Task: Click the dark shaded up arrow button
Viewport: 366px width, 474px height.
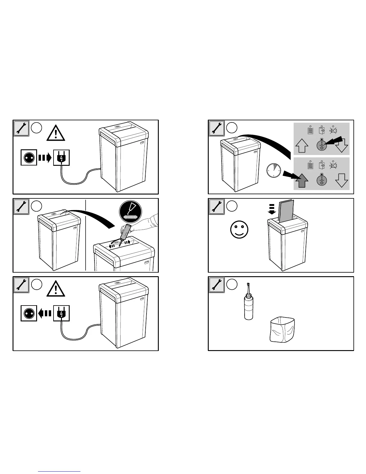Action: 302,180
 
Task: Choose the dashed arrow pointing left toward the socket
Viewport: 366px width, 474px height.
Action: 45,313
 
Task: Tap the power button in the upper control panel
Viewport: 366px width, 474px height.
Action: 322,145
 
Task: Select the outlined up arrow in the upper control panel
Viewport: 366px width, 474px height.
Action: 302,146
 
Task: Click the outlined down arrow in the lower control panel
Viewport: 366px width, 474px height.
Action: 342,180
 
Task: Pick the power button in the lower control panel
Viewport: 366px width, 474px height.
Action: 322,180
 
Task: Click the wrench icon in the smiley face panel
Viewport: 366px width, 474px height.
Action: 216,206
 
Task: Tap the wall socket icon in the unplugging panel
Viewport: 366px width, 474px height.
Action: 29,313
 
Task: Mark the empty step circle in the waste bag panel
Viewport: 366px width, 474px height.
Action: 232,284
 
